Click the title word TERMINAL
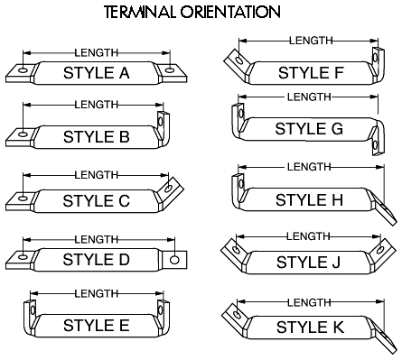(x=140, y=13)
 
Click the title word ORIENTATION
(x=230, y=13)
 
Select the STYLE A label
(x=97, y=73)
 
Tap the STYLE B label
(x=97, y=137)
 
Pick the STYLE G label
(x=309, y=129)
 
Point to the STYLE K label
(x=310, y=328)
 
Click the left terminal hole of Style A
(x=23, y=70)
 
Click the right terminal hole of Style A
(x=170, y=70)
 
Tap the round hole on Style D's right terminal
(x=174, y=260)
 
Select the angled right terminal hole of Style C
(x=169, y=189)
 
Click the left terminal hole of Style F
(x=239, y=60)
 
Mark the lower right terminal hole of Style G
(x=375, y=145)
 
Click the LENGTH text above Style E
(x=97, y=293)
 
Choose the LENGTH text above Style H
(x=309, y=167)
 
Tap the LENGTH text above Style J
(x=308, y=236)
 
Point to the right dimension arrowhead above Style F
(x=374, y=41)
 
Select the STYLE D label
(x=97, y=260)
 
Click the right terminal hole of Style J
(x=380, y=249)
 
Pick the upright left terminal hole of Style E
(x=33, y=309)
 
